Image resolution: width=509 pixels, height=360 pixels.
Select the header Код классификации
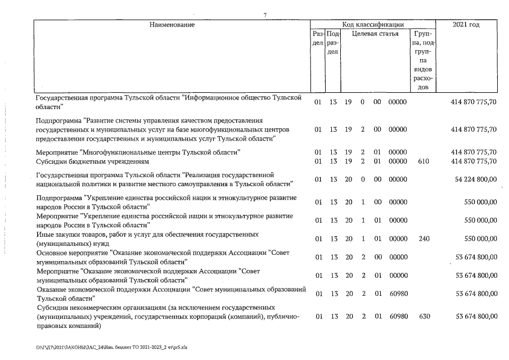373,25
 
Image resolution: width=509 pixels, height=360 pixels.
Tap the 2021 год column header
466,25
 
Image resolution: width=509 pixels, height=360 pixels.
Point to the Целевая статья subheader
375,34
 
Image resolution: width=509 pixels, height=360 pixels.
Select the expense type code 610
424,161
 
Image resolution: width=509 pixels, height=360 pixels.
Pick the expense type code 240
424,238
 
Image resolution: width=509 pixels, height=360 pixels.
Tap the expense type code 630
424,317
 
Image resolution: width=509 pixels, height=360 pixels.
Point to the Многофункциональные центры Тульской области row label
138,152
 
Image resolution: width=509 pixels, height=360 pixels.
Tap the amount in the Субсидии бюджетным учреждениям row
474,161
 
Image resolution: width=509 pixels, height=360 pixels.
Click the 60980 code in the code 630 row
398,317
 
